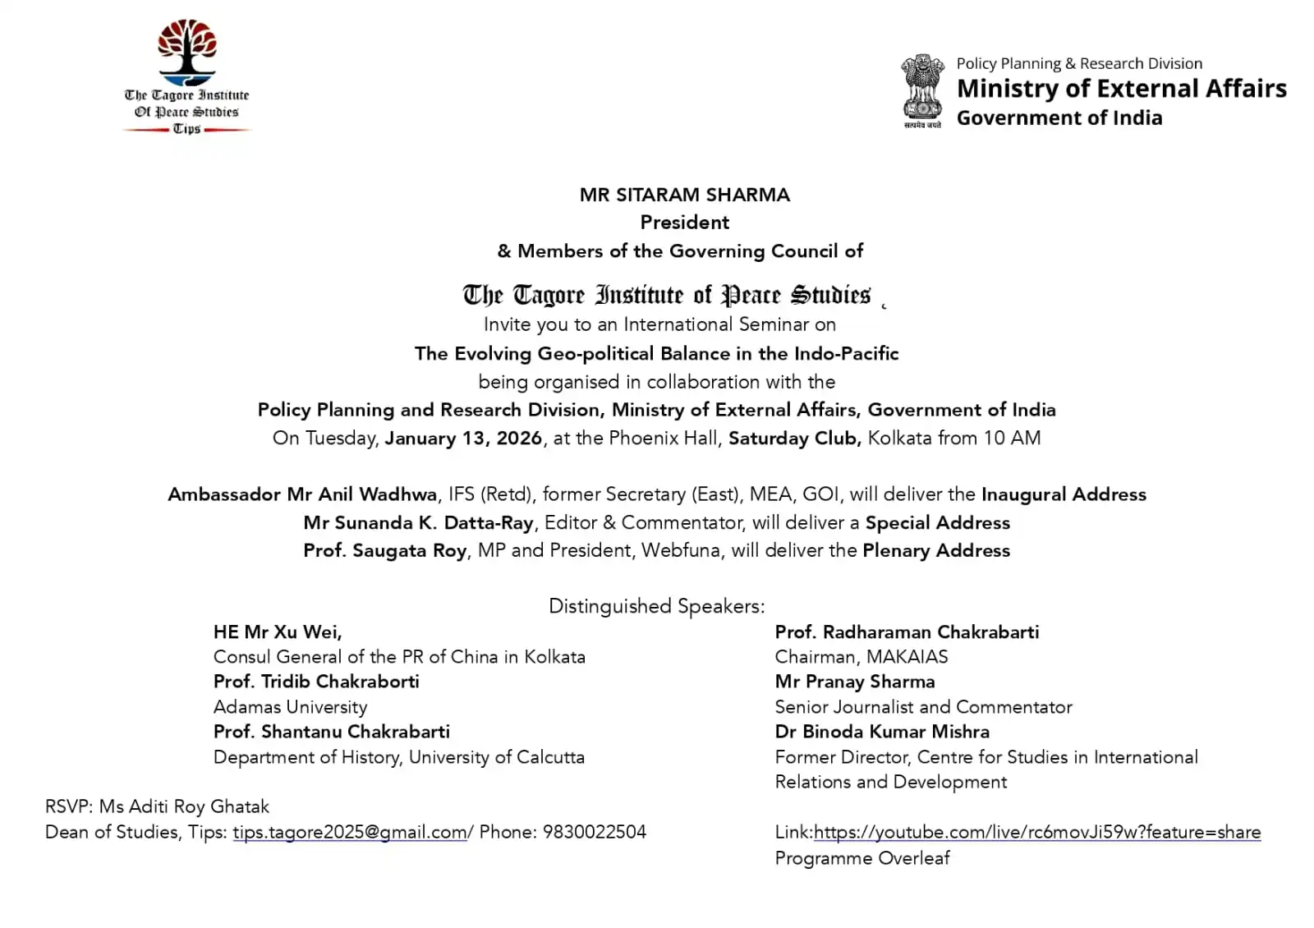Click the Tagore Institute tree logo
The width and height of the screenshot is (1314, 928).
(x=187, y=54)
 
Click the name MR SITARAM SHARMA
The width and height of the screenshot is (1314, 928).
(x=684, y=195)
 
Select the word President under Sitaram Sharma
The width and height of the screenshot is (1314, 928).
(x=684, y=223)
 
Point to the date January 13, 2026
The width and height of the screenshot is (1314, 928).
(x=463, y=439)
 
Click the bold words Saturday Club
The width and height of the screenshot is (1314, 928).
(x=794, y=439)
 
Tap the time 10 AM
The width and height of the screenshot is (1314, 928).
(x=1012, y=439)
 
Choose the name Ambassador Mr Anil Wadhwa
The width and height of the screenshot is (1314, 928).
(x=302, y=494)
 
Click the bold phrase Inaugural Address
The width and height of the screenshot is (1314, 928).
(x=1064, y=494)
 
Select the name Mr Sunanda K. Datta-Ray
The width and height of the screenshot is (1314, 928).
(x=418, y=523)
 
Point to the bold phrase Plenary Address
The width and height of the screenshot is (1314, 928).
(x=936, y=550)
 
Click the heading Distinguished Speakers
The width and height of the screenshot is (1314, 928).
(x=656, y=607)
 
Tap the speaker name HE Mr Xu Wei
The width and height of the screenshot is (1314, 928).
(x=278, y=632)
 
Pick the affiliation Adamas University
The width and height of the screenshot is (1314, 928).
(x=290, y=707)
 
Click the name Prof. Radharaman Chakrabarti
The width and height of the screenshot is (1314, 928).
(x=907, y=632)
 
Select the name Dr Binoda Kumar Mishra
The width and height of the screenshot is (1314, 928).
(x=882, y=732)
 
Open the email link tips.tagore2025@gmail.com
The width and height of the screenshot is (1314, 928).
(x=350, y=833)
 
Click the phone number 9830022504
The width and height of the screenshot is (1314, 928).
(x=595, y=833)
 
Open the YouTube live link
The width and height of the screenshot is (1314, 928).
(x=1036, y=833)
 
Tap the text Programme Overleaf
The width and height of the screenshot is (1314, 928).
(x=861, y=858)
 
